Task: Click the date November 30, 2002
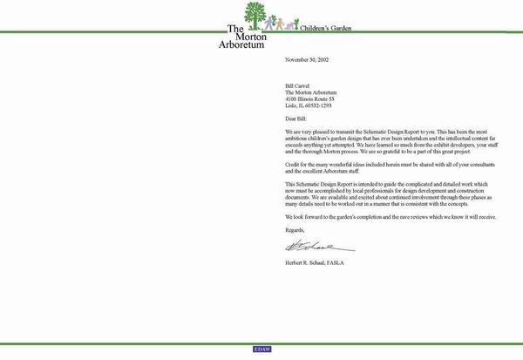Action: click(x=307, y=60)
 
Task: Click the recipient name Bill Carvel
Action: click(x=299, y=86)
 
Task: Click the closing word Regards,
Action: click(x=295, y=229)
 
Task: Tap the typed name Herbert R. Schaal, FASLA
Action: click(x=320, y=263)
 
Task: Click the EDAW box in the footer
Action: click(x=262, y=349)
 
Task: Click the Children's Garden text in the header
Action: click(x=325, y=29)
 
